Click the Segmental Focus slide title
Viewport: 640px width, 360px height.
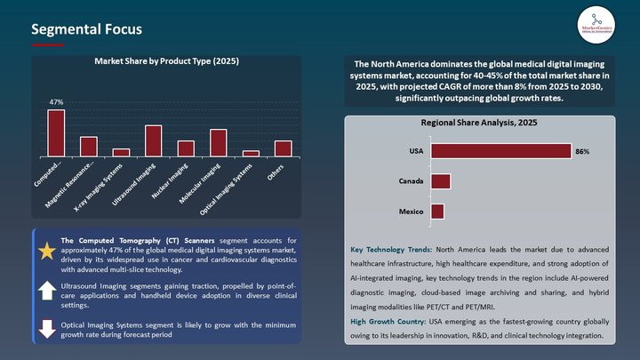[x=86, y=29]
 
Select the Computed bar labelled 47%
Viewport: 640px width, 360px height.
[x=56, y=133]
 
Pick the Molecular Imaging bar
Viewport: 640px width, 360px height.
[x=218, y=143]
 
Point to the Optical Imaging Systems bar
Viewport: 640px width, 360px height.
[x=251, y=154]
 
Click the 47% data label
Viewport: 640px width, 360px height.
[x=56, y=103]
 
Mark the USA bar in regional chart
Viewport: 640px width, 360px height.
[x=500, y=151]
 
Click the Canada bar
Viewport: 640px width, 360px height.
[x=441, y=181]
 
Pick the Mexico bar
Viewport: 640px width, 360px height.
[x=437, y=212]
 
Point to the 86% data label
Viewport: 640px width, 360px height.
[x=583, y=152]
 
